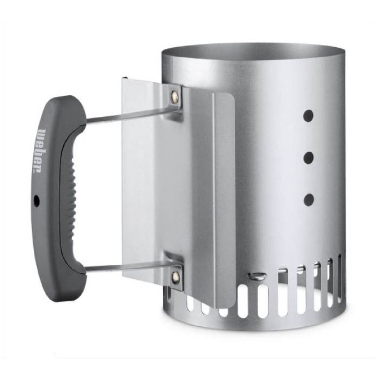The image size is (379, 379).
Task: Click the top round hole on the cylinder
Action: pyautogui.click(x=309, y=116)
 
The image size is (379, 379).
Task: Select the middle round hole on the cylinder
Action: pyautogui.click(x=309, y=158)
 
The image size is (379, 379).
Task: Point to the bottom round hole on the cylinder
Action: pyautogui.click(x=309, y=200)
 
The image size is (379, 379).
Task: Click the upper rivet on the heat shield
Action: pyautogui.click(x=174, y=94)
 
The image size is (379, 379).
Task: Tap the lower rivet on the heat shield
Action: pyautogui.click(x=175, y=276)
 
